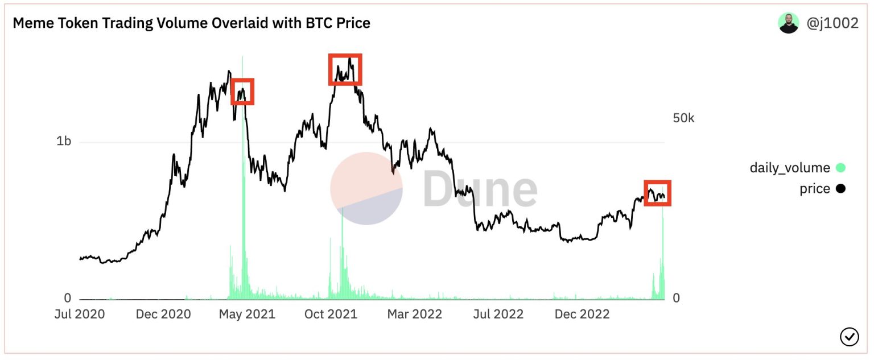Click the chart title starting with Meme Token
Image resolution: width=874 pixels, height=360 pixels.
tap(191, 23)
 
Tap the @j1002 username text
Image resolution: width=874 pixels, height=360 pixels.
tap(832, 23)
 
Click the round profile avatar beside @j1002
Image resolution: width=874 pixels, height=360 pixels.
tap(788, 23)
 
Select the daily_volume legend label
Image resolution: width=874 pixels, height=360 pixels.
tap(789, 168)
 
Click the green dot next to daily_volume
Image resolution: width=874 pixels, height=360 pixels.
tap(840, 168)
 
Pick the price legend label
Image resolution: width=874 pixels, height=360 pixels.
tap(814, 189)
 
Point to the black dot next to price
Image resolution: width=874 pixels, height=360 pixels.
tap(840, 189)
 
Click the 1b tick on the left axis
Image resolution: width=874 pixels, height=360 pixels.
tap(64, 141)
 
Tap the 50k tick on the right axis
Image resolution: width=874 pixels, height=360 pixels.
tap(683, 118)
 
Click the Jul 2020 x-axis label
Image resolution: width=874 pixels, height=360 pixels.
tap(80, 314)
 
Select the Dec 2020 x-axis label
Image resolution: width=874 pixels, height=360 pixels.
tap(163, 314)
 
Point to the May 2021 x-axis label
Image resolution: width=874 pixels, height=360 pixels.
tap(248, 314)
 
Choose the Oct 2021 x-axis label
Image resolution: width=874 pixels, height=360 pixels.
tap(331, 314)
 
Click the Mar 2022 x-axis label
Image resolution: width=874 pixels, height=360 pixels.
tap(414, 314)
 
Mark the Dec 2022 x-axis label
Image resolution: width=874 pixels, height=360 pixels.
tap(582, 314)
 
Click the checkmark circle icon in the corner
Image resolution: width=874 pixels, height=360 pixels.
tap(849, 337)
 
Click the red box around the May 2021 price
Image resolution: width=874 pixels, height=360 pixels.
tap(242, 92)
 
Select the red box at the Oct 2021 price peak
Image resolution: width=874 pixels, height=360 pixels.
tap(345, 69)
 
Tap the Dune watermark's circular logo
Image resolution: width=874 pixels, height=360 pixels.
tap(366, 188)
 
